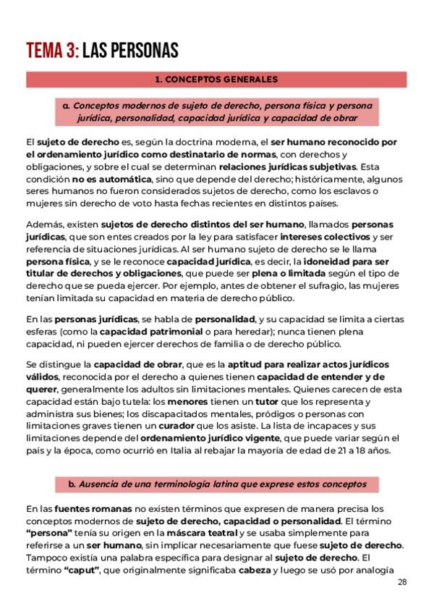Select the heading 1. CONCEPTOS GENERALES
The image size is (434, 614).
(217, 78)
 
